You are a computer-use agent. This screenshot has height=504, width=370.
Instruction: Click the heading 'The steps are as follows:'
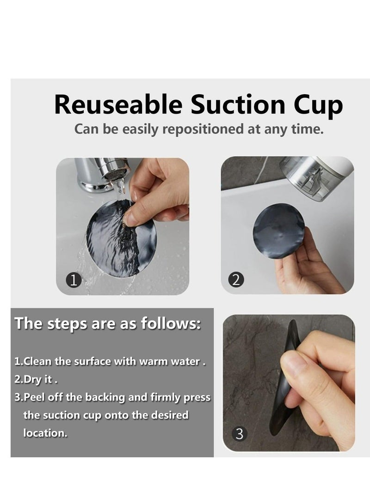pos(107,323)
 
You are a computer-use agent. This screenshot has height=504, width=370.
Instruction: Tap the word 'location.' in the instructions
pos(45,433)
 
